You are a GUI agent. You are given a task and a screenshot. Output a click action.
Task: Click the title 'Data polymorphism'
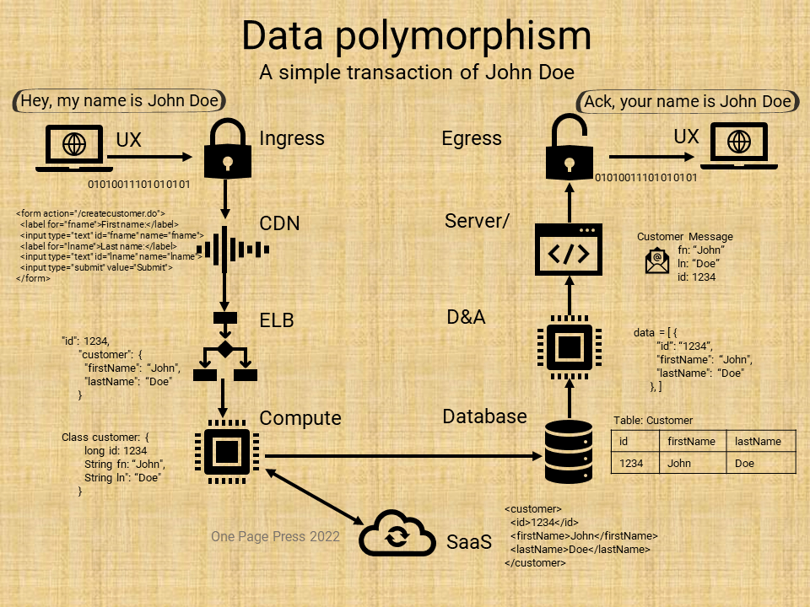(x=417, y=36)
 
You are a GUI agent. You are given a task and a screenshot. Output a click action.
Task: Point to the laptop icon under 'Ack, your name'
(x=739, y=147)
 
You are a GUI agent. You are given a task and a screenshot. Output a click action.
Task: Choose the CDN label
(x=279, y=224)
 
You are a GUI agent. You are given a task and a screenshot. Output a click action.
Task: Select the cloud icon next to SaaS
(x=395, y=534)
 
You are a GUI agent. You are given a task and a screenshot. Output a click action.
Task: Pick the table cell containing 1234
(x=631, y=464)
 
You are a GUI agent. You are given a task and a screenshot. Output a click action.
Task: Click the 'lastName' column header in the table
(x=758, y=441)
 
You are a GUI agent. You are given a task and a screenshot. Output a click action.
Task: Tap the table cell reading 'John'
(x=679, y=464)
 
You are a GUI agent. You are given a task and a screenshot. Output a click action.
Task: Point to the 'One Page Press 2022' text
(x=275, y=536)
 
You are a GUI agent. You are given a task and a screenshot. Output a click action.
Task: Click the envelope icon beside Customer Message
(x=657, y=261)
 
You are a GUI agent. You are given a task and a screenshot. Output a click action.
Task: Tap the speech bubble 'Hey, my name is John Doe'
(x=120, y=102)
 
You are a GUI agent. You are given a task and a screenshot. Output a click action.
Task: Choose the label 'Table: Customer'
(x=652, y=420)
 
